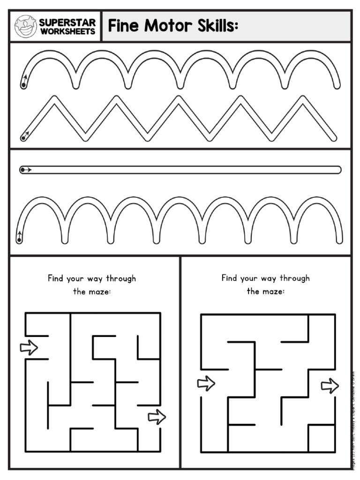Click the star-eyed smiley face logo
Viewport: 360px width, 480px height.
click(x=25, y=26)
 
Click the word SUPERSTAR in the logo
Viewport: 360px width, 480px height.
click(x=67, y=22)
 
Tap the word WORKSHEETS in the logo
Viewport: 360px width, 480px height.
click(x=67, y=31)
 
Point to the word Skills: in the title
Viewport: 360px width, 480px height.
click(x=216, y=26)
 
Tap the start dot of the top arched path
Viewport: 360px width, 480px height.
click(x=23, y=85)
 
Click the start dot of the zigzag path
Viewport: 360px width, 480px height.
click(x=22, y=138)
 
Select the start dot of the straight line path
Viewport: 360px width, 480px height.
click(x=22, y=170)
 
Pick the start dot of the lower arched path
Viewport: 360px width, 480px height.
click(x=19, y=240)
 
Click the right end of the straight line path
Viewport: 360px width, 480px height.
click(x=338, y=170)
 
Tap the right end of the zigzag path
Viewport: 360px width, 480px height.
click(x=334, y=137)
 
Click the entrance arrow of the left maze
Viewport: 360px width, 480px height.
click(x=29, y=347)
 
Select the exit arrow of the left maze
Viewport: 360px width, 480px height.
click(x=157, y=416)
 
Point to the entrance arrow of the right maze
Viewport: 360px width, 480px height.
click(x=206, y=383)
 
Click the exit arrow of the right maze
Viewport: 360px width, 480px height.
click(x=330, y=386)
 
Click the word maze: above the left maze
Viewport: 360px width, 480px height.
click(x=98, y=291)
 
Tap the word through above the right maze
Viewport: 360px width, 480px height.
click(x=294, y=278)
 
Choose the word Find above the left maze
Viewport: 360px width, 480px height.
click(x=55, y=278)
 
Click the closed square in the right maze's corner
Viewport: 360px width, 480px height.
click(x=322, y=438)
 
